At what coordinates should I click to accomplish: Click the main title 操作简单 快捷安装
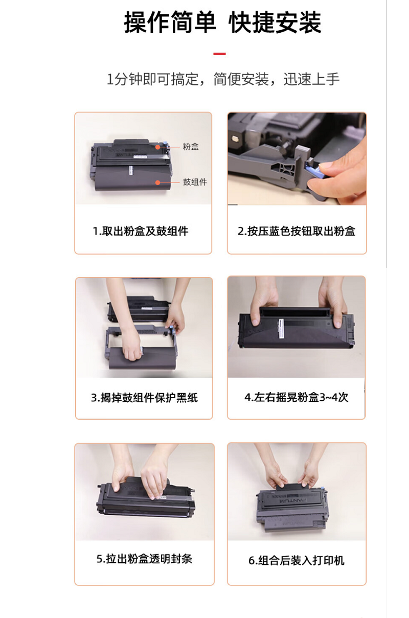click(222, 22)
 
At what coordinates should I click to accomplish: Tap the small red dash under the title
click(219, 54)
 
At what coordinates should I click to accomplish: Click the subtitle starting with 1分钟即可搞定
click(223, 79)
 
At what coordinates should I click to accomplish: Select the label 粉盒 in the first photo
click(191, 147)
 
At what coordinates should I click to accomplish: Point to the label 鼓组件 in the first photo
click(195, 182)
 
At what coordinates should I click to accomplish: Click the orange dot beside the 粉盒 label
click(157, 147)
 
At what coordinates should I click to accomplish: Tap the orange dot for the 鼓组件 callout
click(157, 182)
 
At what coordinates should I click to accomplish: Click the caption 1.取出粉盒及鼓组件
click(141, 231)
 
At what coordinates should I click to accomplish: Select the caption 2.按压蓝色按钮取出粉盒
click(297, 231)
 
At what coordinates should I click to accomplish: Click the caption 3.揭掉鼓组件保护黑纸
click(144, 398)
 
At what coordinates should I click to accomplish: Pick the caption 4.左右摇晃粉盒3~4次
click(297, 397)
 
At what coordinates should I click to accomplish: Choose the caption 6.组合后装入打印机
click(297, 560)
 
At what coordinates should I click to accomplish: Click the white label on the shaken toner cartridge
click(281, 329)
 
